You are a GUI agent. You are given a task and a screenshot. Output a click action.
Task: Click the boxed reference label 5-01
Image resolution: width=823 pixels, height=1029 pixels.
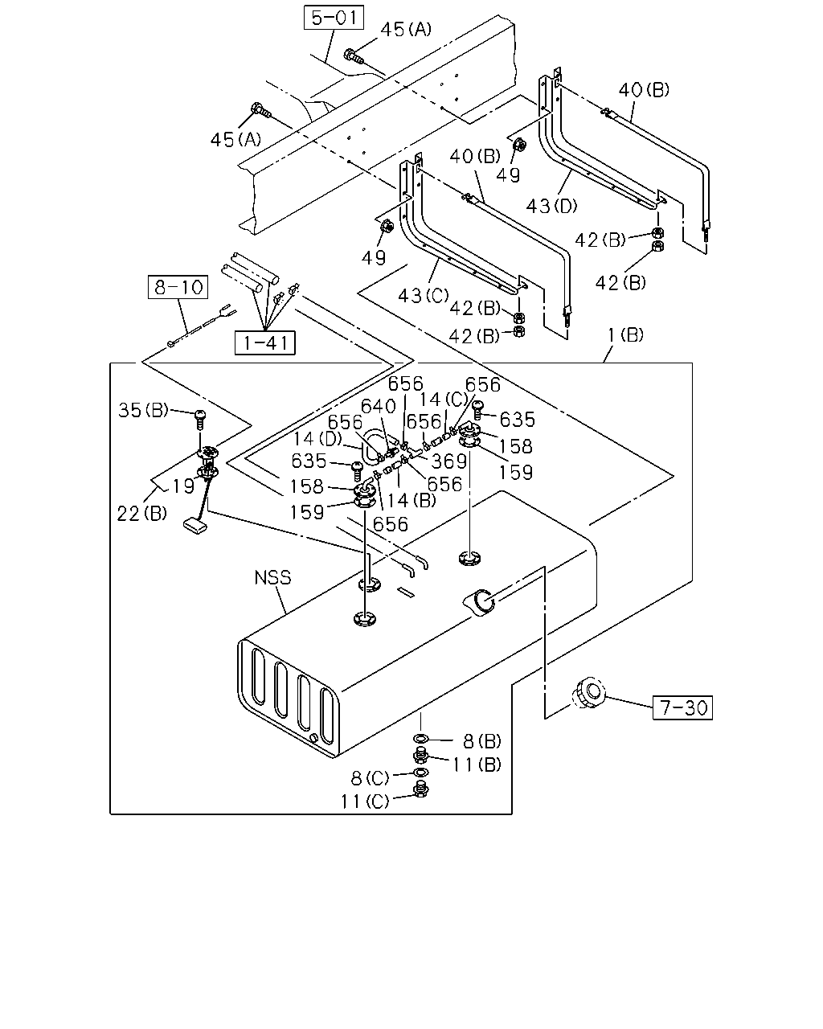pos(334,18)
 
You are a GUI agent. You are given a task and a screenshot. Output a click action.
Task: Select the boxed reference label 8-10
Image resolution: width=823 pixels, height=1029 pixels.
pos(178,287)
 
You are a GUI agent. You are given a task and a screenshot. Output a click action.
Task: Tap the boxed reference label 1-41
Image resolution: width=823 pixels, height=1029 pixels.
pos(265,342)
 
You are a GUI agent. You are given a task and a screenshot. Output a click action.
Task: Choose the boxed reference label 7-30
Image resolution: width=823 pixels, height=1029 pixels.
pos(682,707)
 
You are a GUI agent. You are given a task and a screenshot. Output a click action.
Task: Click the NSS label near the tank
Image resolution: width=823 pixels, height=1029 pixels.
pos(272,578)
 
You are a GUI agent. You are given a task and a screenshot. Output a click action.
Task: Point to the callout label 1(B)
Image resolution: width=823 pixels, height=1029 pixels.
pos(625,334)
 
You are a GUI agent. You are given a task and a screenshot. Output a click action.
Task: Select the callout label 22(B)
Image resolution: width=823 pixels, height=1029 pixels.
pos(142,513)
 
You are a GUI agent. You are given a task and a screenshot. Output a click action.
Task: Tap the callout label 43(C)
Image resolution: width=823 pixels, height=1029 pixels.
pos(424,296)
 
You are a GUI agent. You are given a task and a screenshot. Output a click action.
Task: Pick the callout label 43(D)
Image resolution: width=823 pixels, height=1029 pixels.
pos(552,206)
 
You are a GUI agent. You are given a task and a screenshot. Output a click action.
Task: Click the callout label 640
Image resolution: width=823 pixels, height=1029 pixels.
pos(379,406)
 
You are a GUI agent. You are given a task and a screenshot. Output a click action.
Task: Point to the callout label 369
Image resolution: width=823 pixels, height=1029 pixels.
pos(449,461)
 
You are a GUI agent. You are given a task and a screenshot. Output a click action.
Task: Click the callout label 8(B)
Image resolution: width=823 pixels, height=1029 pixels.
pos(482,742)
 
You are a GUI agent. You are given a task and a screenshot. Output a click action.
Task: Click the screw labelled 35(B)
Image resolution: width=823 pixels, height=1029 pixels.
pos(200,419)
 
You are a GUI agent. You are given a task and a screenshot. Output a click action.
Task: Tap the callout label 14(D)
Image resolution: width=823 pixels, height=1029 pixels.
pos(317,438)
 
